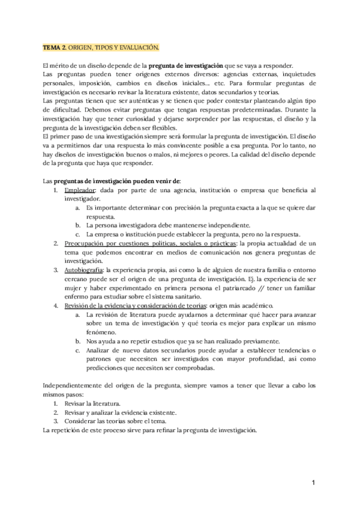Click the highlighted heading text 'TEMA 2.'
pos(56,47)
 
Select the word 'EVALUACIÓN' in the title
pos(140,47)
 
